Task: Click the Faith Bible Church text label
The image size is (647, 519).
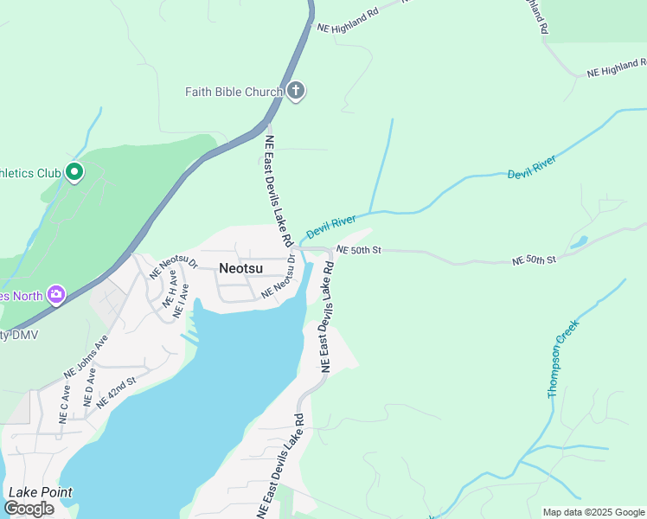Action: [x=234, y=92]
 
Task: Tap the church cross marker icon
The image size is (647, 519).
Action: [x=296, y=91]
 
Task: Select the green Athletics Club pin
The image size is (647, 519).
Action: [x=74, y=173]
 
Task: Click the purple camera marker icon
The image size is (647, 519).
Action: [x=56, y=295]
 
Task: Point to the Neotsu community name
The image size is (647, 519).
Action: [x=240, y=268]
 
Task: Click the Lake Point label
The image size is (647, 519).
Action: [x=40, y=492]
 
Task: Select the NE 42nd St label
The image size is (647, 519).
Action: [x=117, y=392]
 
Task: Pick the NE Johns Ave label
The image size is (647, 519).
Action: [x=85, y=357]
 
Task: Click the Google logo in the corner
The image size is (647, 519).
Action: [x=29, y=509]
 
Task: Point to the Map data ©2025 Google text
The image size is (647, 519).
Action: [x=593, y=512]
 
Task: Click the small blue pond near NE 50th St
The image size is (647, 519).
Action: [x=579, y=242]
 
